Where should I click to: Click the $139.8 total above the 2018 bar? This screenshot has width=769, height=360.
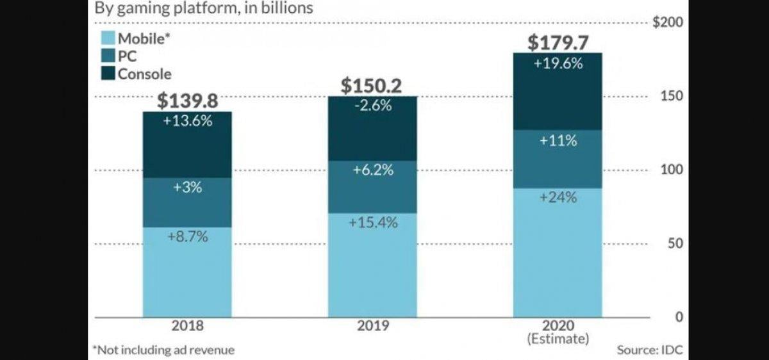coord(187,101)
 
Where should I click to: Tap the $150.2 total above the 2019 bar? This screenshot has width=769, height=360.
coord(372,85)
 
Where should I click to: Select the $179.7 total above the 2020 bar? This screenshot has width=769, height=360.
coord(558,42)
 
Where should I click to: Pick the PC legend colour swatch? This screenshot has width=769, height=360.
coord(108,56)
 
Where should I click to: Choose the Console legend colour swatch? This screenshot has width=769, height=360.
coord(108,74)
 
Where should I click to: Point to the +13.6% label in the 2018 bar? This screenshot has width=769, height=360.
coord(187,121)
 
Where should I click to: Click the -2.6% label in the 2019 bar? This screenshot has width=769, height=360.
coord(372,106)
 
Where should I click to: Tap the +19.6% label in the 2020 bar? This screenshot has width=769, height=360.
coord(558,63)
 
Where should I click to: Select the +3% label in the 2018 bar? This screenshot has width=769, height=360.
coord(187,188)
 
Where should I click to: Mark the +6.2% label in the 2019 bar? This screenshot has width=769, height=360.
coord(372,170)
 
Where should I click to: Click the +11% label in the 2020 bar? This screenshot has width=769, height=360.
coord(558,141)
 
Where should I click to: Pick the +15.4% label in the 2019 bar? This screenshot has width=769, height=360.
coord(372,223)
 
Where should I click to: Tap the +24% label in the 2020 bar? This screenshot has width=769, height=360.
coord(558,197)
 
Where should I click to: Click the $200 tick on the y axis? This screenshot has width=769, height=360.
coord(667,22)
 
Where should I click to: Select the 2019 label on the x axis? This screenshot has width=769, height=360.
coord(372,325)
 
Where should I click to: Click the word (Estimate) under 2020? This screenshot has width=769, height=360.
coord(558,339)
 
